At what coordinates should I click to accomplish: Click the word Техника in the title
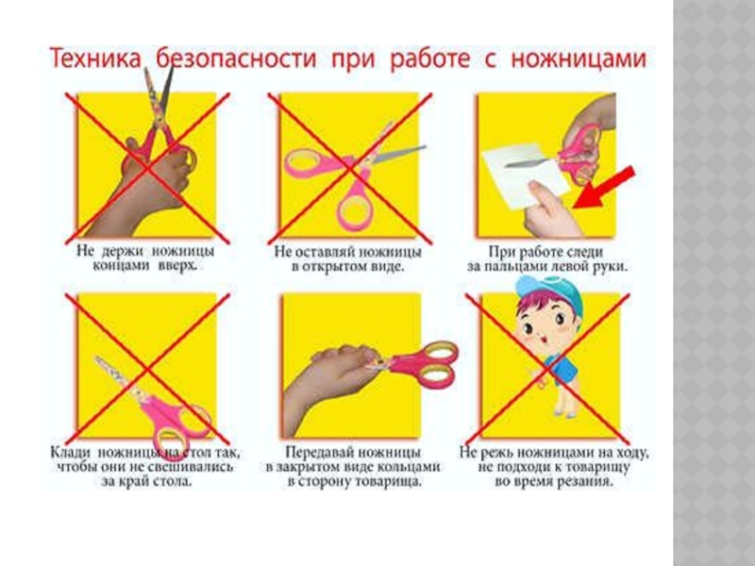point(95,59)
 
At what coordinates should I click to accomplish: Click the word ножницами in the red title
point(578,59)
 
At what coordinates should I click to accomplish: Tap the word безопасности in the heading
point(237,59)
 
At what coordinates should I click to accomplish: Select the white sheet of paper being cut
point(526,176)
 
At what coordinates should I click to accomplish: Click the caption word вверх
point(177,266)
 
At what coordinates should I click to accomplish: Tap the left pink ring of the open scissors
point(309,162)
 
